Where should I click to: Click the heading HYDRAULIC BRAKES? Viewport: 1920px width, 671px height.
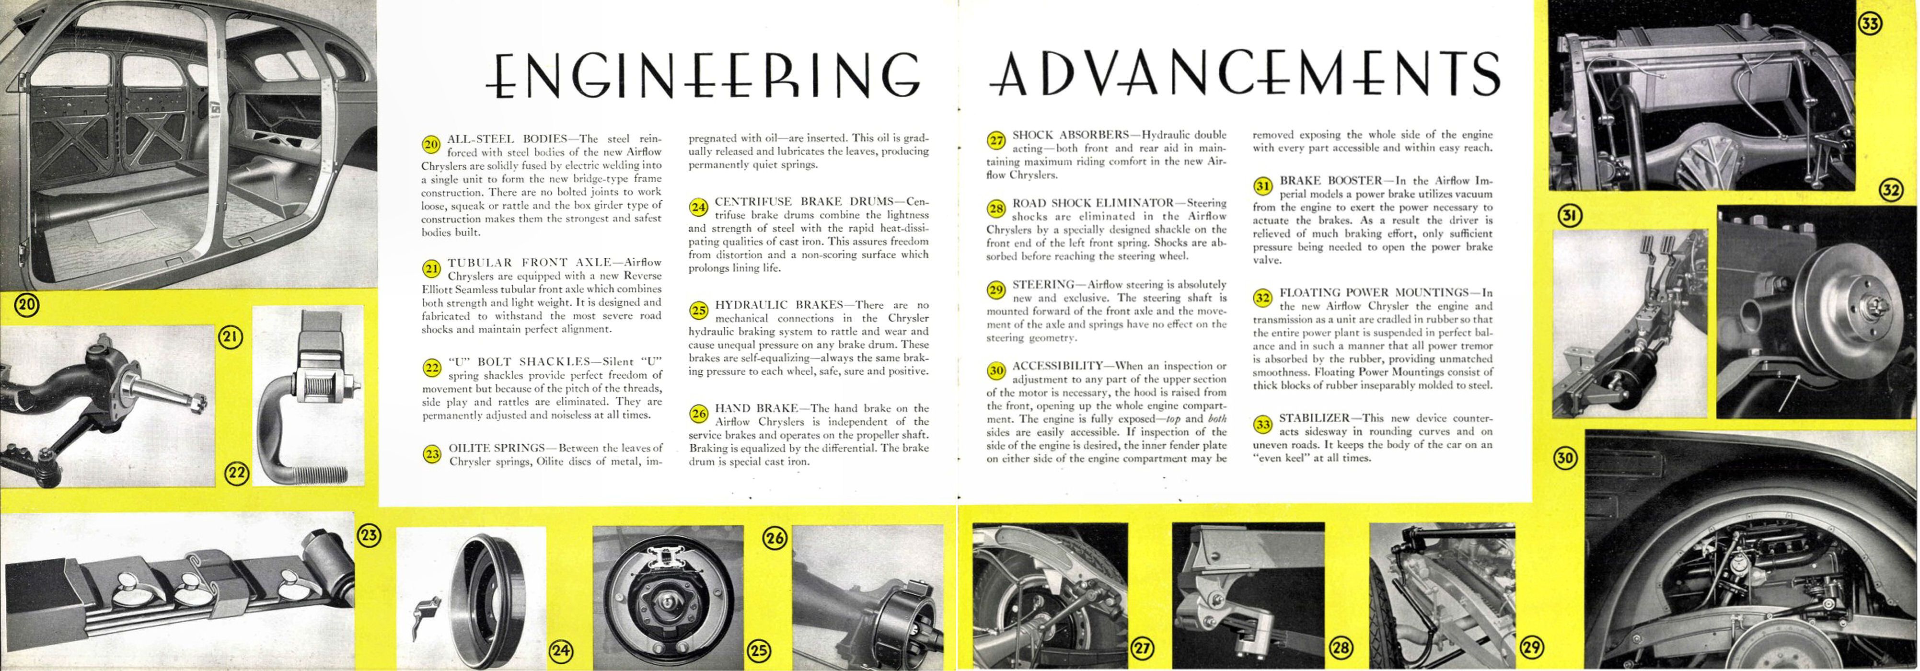click(778, 305)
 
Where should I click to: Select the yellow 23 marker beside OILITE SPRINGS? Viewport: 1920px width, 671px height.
click(431, 453)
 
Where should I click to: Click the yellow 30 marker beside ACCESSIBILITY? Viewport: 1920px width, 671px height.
click(996, 370)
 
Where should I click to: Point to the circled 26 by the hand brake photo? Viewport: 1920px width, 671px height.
click(775, 538)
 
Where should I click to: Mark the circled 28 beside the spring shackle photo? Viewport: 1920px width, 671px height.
click(1340, 648)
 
